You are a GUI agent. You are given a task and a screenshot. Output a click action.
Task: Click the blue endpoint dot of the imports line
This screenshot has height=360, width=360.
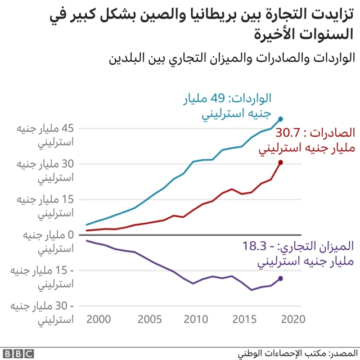tap(281, 119)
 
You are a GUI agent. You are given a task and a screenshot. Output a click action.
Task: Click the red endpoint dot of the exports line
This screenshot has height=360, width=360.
tap(281, 162)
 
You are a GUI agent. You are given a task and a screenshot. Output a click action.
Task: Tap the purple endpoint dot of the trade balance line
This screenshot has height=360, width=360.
tap(281, 278)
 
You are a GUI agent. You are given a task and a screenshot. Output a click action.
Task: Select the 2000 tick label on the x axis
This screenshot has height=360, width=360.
tap(100, 319)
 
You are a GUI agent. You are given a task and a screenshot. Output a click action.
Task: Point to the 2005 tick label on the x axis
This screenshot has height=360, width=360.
tap(148, 319)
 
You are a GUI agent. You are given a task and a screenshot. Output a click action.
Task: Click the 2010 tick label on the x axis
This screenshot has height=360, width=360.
tap(196, 319)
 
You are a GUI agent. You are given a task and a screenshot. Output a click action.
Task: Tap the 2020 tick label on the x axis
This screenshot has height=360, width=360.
tap(292, 319)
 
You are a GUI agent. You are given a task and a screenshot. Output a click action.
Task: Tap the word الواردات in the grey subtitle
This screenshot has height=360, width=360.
tap(327, 57)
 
